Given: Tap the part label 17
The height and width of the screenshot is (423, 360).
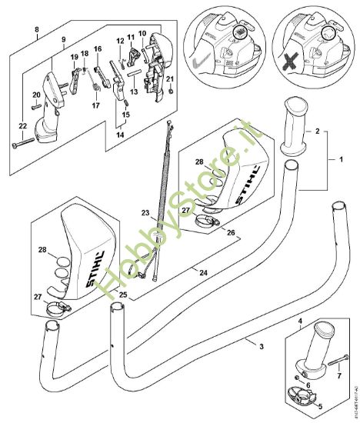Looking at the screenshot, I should pyautogui.click(x=95, y=105).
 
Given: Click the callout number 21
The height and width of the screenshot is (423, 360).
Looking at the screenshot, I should pyautogui.click(x=170, y=79).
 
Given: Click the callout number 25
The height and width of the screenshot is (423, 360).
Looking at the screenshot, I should pyautogui.click(x=124, y=294).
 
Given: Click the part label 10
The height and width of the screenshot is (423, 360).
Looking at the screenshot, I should pyautogui.click(x=142, y=35).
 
